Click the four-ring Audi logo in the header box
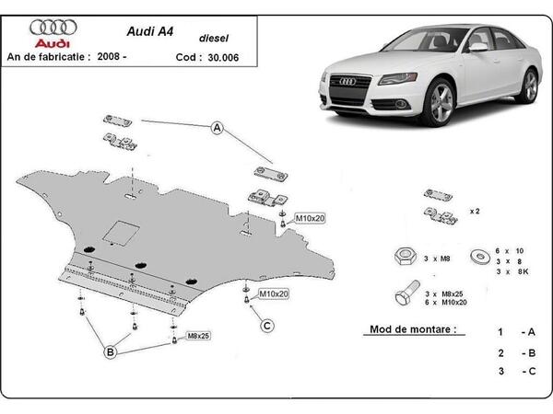tap(53, 28)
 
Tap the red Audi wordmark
tap(53, 43)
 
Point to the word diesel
tap(216, 39)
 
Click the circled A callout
tap(218, 128)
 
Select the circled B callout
tap(109, 352)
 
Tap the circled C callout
tap(267, 325)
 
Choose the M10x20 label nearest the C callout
tap(273, 293)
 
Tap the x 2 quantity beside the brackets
tap(475, 211)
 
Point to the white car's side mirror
tap(477, 47)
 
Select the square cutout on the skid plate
tap(119, 233)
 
